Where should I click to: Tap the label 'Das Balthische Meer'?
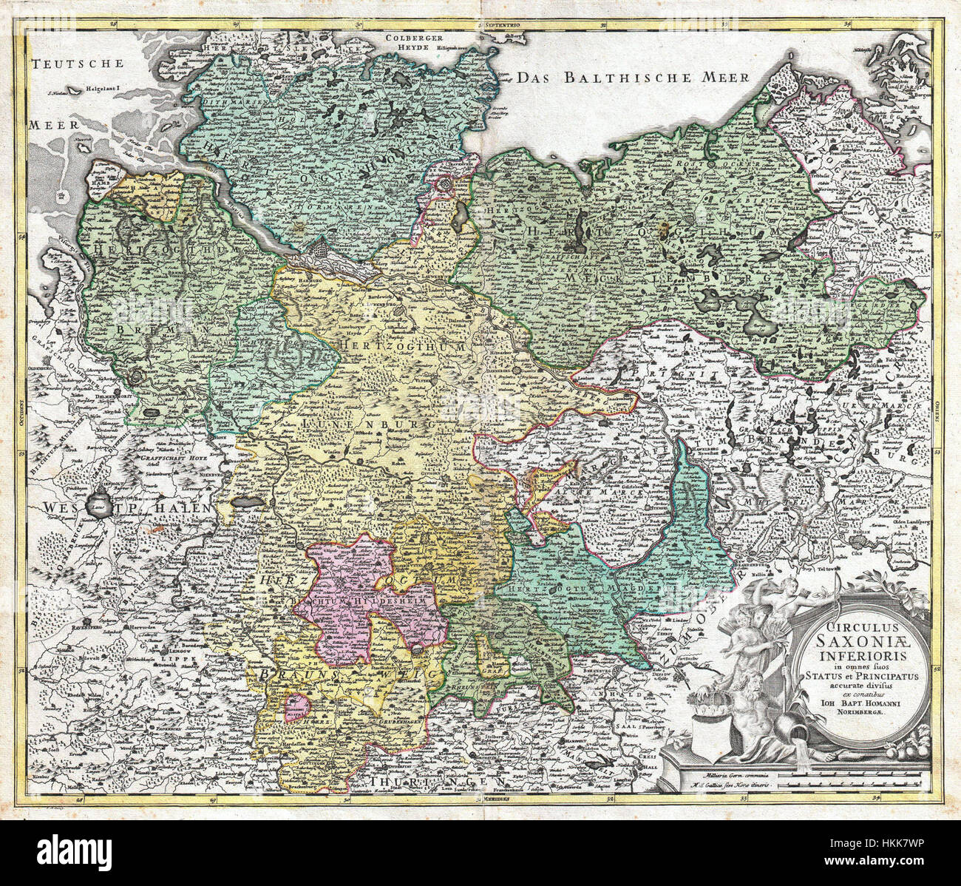click(x=633, y=78)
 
